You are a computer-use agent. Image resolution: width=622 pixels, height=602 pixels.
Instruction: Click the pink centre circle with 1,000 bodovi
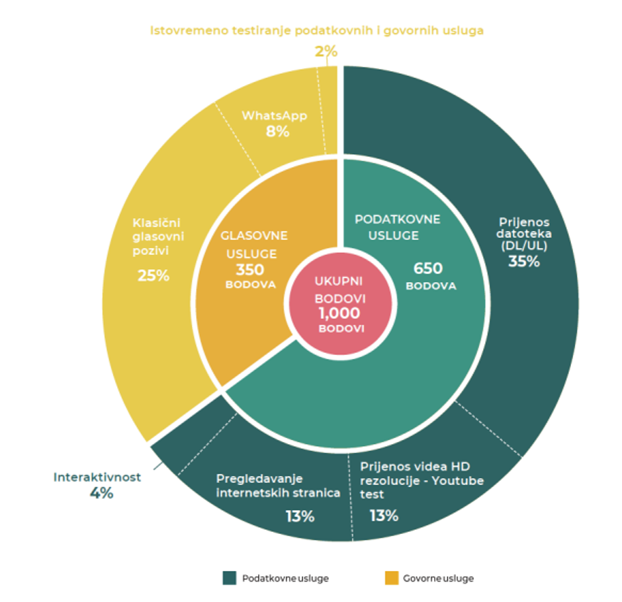click(x=340, y=304)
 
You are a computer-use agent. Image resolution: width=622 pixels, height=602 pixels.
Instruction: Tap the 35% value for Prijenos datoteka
click(x=524, y=262)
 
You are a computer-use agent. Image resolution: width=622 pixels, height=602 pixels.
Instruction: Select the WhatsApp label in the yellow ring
click(x=275, y=116)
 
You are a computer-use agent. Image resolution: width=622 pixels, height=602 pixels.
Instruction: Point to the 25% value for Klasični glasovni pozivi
click(x=154, y=276)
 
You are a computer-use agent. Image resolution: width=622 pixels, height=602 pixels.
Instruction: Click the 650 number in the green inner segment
click(x=428, y=268)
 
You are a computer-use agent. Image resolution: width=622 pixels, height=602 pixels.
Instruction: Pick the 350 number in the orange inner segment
click(x=250, y=270)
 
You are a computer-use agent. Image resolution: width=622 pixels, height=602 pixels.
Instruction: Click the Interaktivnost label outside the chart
click(x=97, y=477)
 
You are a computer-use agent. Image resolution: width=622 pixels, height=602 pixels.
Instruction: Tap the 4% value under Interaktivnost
click(x=101, y=494)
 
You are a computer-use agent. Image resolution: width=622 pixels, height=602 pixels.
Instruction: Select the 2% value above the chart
click(x=326, y=52)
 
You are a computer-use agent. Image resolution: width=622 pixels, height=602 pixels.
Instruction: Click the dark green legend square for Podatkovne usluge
click(x=230, y=578)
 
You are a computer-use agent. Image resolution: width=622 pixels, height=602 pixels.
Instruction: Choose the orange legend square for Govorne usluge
click(x=392, y=578)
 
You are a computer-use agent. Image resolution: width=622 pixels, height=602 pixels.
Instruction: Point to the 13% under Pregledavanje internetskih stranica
click(x=300, y=517)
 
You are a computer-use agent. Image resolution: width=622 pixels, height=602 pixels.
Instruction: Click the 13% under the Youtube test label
click(x=384, y=515)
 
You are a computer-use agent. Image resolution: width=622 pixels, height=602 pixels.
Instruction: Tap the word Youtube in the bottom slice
click(x=458, y=481)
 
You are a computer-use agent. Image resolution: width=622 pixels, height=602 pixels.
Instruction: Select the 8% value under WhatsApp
click(x=278, y=132)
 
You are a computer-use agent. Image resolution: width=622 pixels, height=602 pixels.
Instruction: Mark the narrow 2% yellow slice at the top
click(x=328, y=111)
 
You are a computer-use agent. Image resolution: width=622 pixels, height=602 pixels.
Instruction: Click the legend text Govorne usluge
click(x=438, y=578)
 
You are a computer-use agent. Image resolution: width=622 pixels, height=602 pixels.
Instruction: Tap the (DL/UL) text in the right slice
click(x=524, y=246)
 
